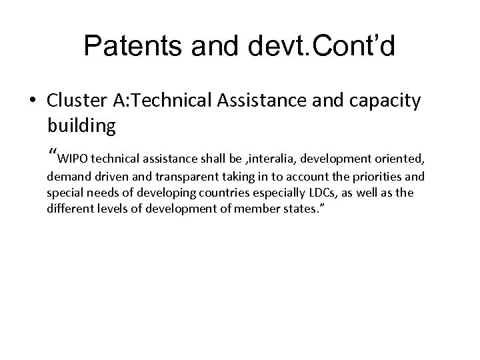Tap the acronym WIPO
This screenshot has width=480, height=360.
coord(72,159)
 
